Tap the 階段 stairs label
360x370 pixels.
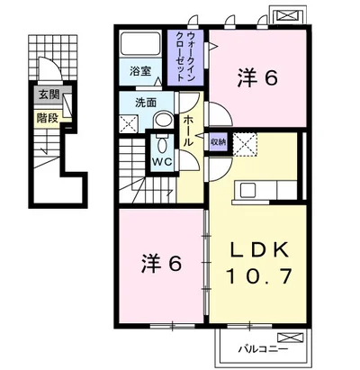48,119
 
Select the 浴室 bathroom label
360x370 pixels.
140,71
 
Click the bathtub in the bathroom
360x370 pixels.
139,43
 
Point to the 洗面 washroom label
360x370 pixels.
146,103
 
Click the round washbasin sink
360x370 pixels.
164,122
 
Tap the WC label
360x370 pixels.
162,162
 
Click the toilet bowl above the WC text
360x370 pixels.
162,145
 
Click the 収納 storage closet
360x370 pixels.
218,142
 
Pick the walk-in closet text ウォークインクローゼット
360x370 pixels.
186,57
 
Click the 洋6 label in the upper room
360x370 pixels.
257,77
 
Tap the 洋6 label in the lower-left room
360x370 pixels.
162,264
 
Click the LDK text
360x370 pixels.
259,249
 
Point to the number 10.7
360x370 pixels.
259,276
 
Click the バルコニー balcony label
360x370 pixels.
264,349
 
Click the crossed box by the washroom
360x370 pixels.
129,123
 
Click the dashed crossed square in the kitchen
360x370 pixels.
245,145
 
